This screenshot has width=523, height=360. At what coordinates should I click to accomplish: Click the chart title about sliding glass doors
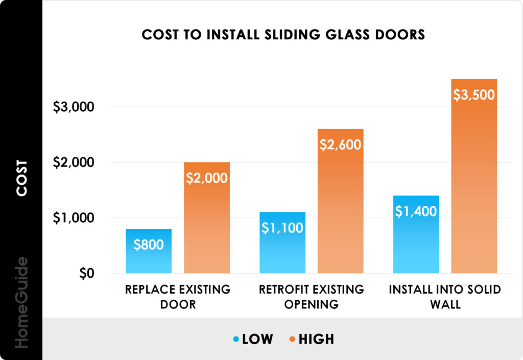coord(283,35)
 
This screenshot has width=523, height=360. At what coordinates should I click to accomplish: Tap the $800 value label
coord(149,245)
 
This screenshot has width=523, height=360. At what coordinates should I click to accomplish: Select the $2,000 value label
coord(206,178)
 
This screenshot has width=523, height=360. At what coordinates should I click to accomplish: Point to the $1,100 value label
coord(282,228)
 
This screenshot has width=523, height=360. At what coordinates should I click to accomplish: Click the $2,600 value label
coord(340,145)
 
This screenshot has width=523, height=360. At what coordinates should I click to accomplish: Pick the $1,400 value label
coord(416,211)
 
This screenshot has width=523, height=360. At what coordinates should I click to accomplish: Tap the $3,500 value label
coord(474,95)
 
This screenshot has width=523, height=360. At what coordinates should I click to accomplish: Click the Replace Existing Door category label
coord(178,297)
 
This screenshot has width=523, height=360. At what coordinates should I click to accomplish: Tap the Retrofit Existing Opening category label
coord(312,297)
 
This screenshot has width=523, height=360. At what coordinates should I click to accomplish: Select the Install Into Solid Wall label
coord(445,297)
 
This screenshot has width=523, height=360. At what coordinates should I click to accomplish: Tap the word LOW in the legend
coord(258,339)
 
